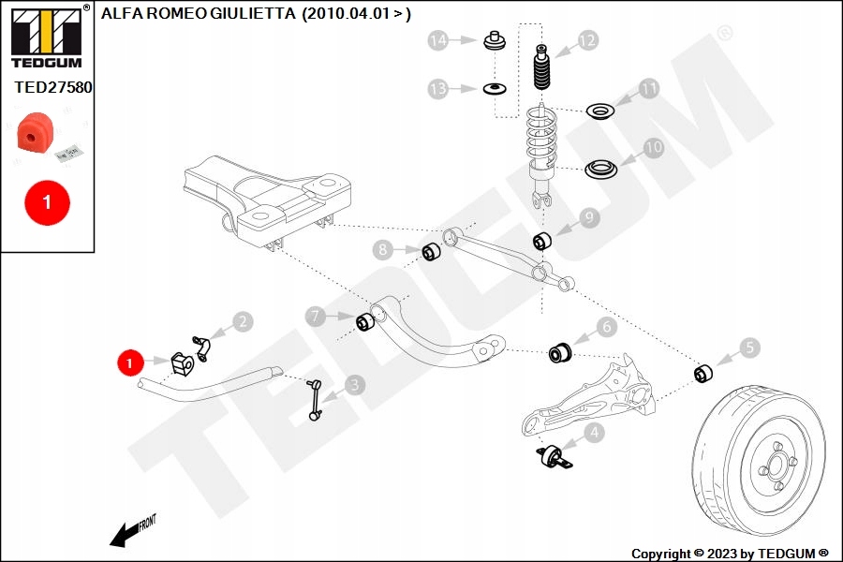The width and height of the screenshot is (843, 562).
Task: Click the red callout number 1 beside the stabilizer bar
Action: (129, 361)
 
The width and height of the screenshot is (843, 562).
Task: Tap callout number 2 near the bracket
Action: (243, 322)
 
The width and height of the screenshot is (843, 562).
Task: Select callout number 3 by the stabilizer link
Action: (354, 384)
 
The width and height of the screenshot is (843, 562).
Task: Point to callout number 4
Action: (593, 433)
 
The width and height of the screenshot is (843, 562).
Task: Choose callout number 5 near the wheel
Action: (749, 348)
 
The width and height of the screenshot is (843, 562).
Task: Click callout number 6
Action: (606, 327)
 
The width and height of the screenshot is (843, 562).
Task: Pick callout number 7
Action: (317, 317)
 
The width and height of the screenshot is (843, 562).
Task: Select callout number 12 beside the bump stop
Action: (587, 40)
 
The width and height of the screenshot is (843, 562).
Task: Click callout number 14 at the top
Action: (438, 40)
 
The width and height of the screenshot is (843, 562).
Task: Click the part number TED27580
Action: (52, 86)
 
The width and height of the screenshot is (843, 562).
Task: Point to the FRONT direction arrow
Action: (131, 531)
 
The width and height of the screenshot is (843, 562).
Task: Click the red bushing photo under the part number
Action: (34, 134)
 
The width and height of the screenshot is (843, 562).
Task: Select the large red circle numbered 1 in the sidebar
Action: (47, 201)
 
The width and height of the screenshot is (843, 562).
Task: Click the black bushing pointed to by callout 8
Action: (432, 252)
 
